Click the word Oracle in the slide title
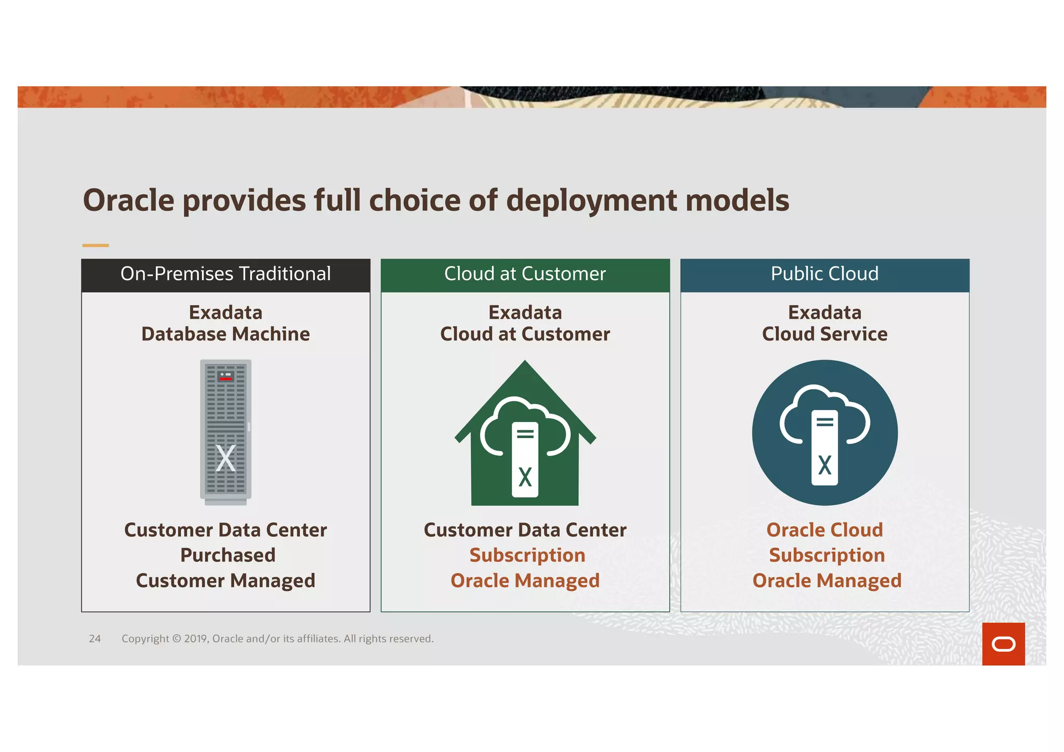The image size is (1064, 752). [128, 201]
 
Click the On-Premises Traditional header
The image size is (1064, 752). [225, 274]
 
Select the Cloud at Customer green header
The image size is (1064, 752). [525, 274]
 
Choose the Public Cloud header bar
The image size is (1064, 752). [824, 274]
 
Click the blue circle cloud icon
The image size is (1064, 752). [824, 432]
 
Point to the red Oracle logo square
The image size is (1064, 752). [1003, 644]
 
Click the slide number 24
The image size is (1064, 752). [95, 639]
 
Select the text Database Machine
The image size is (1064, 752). [225, 334]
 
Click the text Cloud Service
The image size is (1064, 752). [824, 334]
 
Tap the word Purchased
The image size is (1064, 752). [228, 555]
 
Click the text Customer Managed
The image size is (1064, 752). [225, 581]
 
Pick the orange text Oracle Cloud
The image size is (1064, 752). [824, 530]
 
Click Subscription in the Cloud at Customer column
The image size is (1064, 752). [527, 555]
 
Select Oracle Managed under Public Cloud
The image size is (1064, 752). [827, 581]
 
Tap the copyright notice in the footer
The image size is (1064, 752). [277, 639]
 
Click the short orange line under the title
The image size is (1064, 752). [96, 245]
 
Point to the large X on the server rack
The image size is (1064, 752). [225, 458]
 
